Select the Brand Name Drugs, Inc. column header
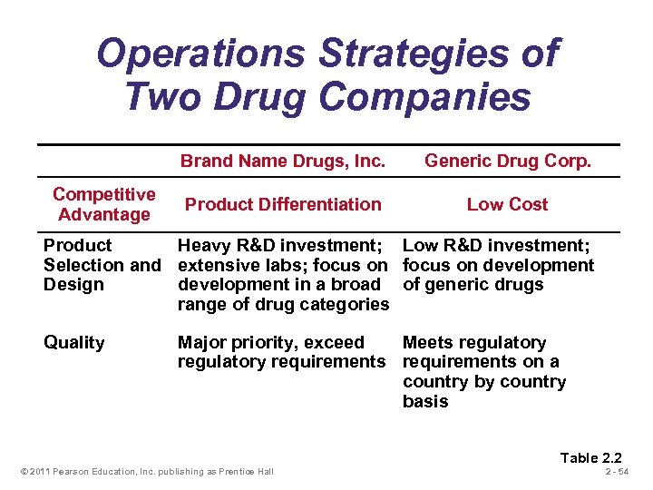click(x=283, y=162)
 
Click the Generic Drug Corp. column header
click(x=507, y=162)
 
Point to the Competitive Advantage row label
click(x=103, y=204)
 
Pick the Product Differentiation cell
click(x=283, y=204)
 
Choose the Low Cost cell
click(x=507, y=204)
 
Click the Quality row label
click(x=73, y=342)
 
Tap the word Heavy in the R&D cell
click(x=204, y=245)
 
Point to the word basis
click(x=424, y=401)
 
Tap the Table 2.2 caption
click(x=591, y=457)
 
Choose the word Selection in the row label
click(x=85, y=265)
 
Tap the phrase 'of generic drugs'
click(x=473, y=285)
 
